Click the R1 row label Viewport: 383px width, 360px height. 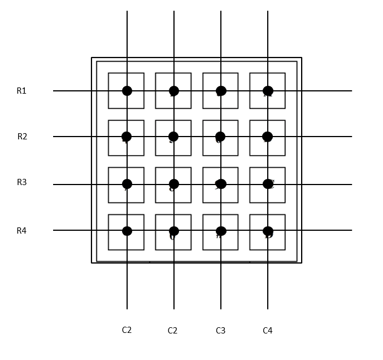[x=21, y=91]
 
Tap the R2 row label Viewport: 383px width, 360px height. [x=22, y=137]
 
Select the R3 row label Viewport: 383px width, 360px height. [x=21, y=182]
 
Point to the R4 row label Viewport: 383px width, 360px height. [x=21, y=230]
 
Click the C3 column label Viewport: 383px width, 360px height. [x=220, y=331]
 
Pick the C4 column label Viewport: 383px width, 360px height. [x=267, y=331]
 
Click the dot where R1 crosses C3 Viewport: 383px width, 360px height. [x=221, y=91]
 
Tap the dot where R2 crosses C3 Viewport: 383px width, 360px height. [x=220, y=137]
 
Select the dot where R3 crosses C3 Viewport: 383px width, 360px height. [x=221, y=184]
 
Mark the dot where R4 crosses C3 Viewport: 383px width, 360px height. [x=221, y=231]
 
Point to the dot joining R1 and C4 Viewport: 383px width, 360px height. [x=268, y=91]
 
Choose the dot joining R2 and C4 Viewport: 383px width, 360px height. [x=267, y=137]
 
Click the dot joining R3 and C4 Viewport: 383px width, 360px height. [x=268, y=184]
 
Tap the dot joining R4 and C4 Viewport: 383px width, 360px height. [x=268, y=231]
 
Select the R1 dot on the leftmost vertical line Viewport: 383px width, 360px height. [x=127, y=91]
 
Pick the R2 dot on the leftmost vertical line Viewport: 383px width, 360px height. [x=127, y=137]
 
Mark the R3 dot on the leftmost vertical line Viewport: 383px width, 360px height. [x=127, y=184]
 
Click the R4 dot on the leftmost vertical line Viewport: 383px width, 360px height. [x=127, y=231]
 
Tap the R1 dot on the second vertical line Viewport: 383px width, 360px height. [x=174, y=91]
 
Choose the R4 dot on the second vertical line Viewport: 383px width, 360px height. [x=174, y=231]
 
